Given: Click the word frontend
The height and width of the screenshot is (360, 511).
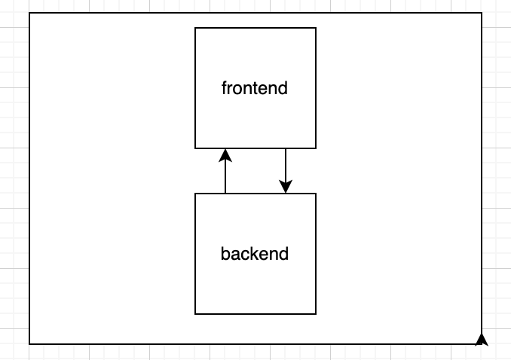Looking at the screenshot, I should (x=255, y=88).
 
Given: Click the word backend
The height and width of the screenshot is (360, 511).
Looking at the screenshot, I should (x=255, y=254).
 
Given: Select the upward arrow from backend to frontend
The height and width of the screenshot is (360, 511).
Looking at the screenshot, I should (x=225, y=173).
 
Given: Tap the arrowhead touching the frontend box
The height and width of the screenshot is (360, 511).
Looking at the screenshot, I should (x=225, y=155).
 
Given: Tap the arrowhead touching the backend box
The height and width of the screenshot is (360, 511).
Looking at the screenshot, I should (x=286, y=187).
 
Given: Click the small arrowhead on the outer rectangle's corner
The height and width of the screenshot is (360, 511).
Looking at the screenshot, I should (x=482, y=339).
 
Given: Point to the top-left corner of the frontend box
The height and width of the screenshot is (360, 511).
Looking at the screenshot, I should (x=195, y=28).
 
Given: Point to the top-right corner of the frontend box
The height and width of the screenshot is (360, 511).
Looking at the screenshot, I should (x=316, y=28).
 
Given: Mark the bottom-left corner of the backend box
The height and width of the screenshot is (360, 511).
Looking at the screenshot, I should (x=195, y=314).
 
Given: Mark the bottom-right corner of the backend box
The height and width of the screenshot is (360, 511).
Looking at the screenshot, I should (x=316, y=314).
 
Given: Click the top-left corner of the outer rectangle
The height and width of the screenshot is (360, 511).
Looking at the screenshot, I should (x=29, y=13).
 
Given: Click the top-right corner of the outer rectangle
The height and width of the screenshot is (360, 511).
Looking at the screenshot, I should (x=482, y=13).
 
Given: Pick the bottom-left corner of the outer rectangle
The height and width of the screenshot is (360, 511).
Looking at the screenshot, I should (x=29, y=344).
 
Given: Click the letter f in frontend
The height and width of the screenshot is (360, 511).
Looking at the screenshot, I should (x=225, y=88).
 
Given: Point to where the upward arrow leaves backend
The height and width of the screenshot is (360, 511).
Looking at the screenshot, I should (x=225, y=194).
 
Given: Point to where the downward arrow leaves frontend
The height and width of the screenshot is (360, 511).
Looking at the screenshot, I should (x=286, y=148).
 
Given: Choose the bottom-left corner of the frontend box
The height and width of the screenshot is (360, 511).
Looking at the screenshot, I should (x=195, y=148).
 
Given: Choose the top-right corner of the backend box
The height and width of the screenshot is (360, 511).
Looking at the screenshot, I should (x=316, y=194).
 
